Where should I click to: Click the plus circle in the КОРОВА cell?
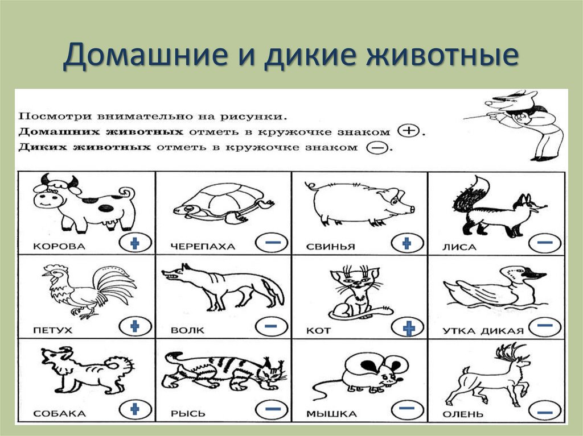pos(135,243)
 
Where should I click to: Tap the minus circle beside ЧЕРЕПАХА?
pos(272,243)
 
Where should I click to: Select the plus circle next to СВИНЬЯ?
pos(408,243)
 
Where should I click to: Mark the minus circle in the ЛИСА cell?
pos(545,243)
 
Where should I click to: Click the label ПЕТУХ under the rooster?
pos(52,330)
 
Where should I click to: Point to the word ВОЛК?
pos(187,330)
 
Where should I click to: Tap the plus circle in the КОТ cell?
pos(408,327)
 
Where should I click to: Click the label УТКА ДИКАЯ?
pos(483,331)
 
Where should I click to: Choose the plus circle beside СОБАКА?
pos(135,409)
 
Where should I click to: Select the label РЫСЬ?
pos(188,413)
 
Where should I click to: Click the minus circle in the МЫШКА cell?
pos(408,409)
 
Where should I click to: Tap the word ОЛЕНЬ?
pos(463,414)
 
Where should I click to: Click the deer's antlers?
pos(512,351)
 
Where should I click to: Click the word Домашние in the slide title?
pos(145,55)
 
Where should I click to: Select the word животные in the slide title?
pos(442,55)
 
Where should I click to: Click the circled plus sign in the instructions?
pos(408,131)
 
